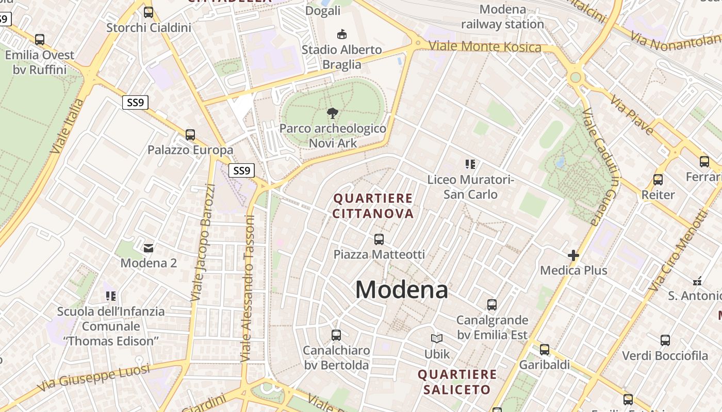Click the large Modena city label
point(401,290)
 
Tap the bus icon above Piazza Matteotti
point(379,239)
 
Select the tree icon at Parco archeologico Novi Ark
point(333,113)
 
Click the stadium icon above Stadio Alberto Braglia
point(341,35)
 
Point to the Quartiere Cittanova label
point(373,206)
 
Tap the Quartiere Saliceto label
point(457,382)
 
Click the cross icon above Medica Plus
point(573,255)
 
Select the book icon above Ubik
point(437,339)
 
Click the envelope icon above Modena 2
point(149,248)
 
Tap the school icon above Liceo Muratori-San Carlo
point(470,164)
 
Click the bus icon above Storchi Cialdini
point(149,12)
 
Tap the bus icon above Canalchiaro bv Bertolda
point(336,335)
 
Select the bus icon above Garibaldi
point(545,350)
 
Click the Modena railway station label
point(502,16)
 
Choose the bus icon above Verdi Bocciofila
point(665,340)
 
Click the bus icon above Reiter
point(658,180)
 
